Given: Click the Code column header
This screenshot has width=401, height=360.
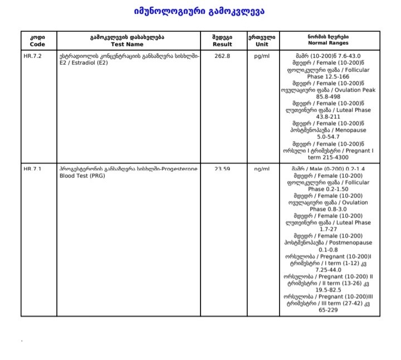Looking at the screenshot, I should tap(38, 40).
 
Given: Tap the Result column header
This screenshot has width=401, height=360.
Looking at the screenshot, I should tap(222, 40).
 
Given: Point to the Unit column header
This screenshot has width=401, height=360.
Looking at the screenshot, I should tap(261, 40).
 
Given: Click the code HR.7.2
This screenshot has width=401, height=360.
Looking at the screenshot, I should tap(33, 56).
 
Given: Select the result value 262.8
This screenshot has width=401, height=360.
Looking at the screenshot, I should tap(222, 56).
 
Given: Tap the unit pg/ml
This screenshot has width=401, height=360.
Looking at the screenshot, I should tap(261, 56).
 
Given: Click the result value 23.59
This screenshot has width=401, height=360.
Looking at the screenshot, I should tap(222, 168).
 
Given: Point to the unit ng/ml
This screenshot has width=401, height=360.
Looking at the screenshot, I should tap(261, 168).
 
